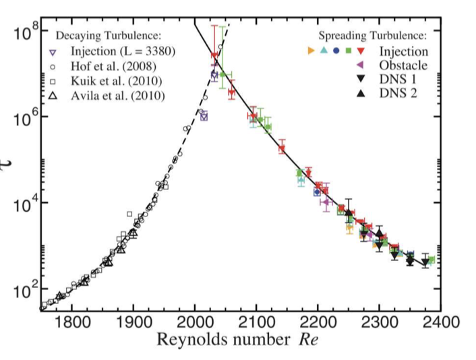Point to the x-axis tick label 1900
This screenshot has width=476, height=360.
(x=133, y=322)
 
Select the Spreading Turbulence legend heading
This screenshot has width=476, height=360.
(x=374, y=36)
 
